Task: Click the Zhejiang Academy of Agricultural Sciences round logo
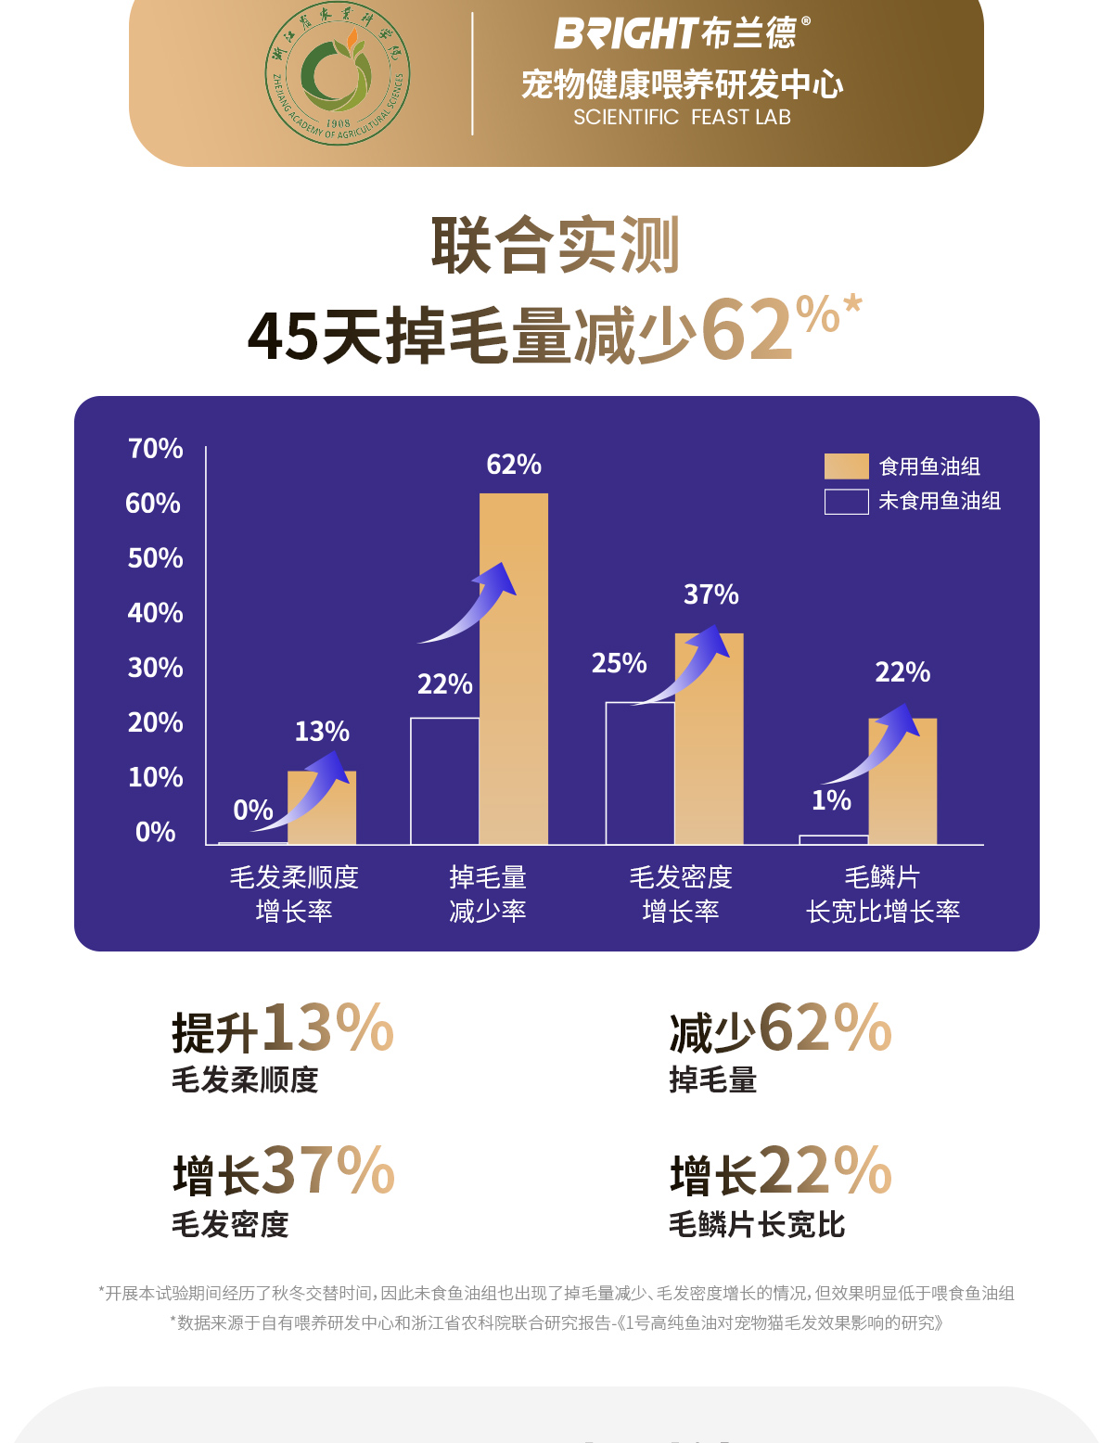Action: click(338, 75)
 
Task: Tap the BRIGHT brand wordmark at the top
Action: click(627, 33)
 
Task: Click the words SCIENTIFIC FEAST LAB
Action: click(682, 118)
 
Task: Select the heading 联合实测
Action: click(556, 246)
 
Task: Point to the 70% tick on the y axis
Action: click(156, 449)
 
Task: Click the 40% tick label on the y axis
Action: click(156, 613)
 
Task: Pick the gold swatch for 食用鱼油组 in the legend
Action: click(846, 466)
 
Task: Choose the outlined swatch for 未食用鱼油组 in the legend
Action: click(846, 502)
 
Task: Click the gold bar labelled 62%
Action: click(514, 668)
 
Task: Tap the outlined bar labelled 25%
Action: click(640, 773)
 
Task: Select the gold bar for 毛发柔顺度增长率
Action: click(322, 808)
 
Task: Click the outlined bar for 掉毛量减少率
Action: click(445, 781)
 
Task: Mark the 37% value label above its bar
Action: click(711, 594)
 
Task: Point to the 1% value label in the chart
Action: click(831, 800)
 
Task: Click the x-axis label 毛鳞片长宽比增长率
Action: click(883, 895)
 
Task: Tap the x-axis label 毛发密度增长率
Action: click(681, 895)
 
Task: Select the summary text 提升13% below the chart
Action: click(283, 1029)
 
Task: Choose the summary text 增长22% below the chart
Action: click(781, 1172)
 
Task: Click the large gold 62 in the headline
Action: click(748, 331)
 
